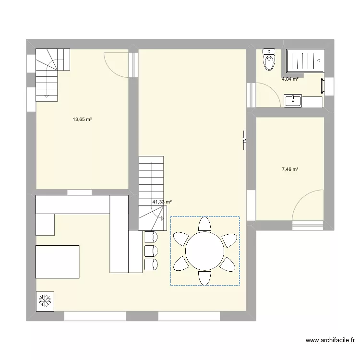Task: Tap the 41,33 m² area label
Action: [x=162, y=203]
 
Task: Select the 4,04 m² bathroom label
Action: [x=290, y=79]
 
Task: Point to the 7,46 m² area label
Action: [x=290, y=169]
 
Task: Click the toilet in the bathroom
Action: [x=269, y=60]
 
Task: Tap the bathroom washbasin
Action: [x=293, y=101]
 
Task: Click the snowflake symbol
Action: [x=45, y=301]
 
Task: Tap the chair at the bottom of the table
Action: [x=204, y=277]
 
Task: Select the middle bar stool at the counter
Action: [x=150, y=251]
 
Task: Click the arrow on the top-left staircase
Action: [x=46, y=95]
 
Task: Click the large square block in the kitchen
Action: [x=58, y=262]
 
